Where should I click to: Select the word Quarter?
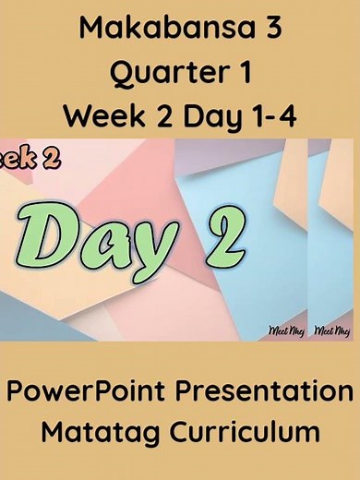(166, 72)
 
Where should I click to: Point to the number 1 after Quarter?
(244, 72)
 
